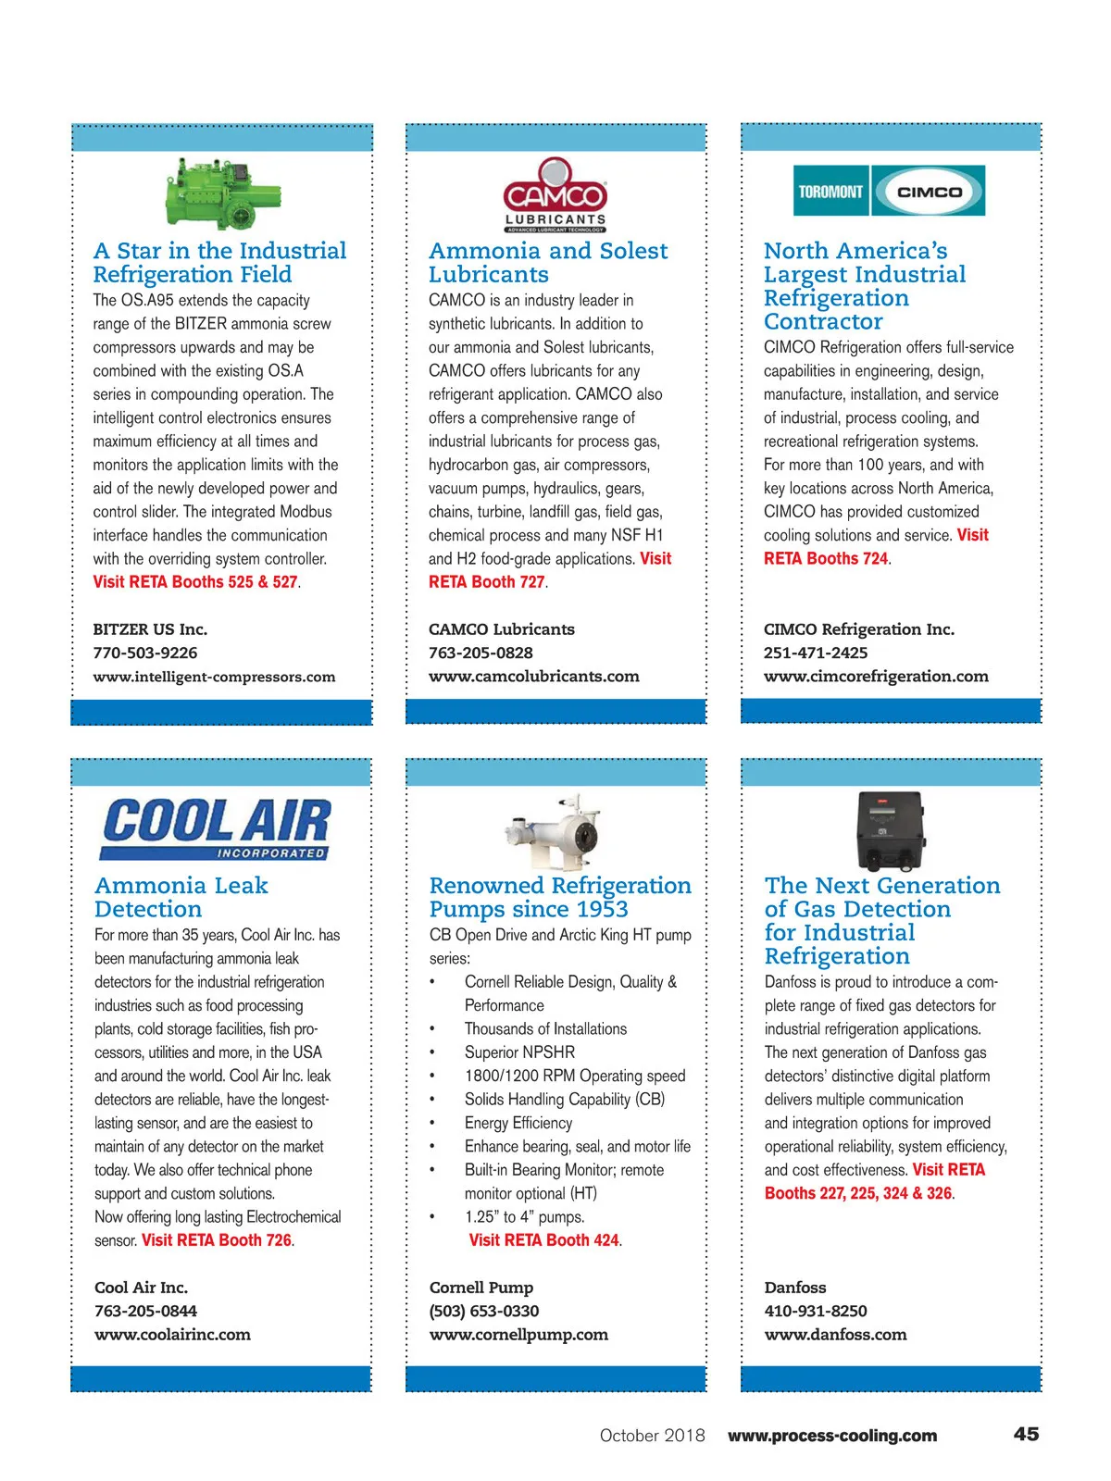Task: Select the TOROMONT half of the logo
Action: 830,192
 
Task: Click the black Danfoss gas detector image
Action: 890,828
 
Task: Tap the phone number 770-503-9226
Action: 145,653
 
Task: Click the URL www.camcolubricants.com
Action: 534,676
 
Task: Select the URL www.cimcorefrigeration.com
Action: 876,676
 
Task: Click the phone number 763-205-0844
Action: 145,1311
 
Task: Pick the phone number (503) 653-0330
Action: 484,1311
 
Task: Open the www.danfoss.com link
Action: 835,1335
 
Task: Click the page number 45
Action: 1026,1434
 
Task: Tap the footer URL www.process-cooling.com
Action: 832,1436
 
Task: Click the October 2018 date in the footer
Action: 652,1436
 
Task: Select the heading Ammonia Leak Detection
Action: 181,897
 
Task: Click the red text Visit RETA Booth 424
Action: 545,1240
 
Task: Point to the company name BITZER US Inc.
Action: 150,629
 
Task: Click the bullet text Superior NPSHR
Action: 519,1052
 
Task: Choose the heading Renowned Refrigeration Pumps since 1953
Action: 560,897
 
